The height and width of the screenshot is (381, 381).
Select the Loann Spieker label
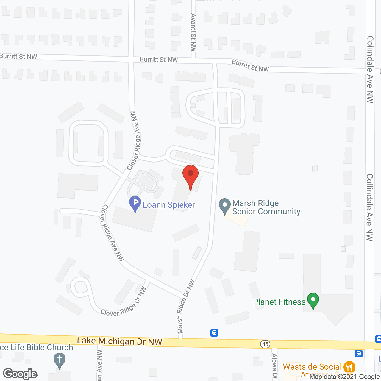(169, 205)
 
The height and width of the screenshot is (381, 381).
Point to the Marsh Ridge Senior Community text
(266, 207)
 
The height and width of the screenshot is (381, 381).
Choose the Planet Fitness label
(279, 302)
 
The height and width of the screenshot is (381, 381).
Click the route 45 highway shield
(265, 344)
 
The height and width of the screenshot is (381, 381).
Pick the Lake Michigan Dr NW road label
(119, 341)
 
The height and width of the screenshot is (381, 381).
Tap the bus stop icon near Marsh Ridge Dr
(214, 332)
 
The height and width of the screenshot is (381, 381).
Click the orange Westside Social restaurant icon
(349, 367)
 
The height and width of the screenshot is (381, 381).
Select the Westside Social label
(312, 367)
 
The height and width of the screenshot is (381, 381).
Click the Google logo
(20, 374)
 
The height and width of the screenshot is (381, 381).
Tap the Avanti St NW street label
(193, 32)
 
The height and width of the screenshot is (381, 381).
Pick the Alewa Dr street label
(274, 366)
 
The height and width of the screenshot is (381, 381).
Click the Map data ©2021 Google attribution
(344, 377)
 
